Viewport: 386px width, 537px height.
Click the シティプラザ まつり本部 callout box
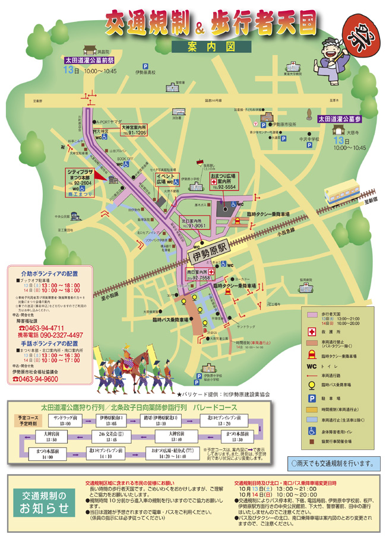point(79,180)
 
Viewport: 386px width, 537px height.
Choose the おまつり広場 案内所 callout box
point(223,181)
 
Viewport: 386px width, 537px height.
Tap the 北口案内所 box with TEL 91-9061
point(196,223)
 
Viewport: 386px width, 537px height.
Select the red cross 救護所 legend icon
point(310,332)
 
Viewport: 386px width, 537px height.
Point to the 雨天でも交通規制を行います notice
point(333,462)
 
